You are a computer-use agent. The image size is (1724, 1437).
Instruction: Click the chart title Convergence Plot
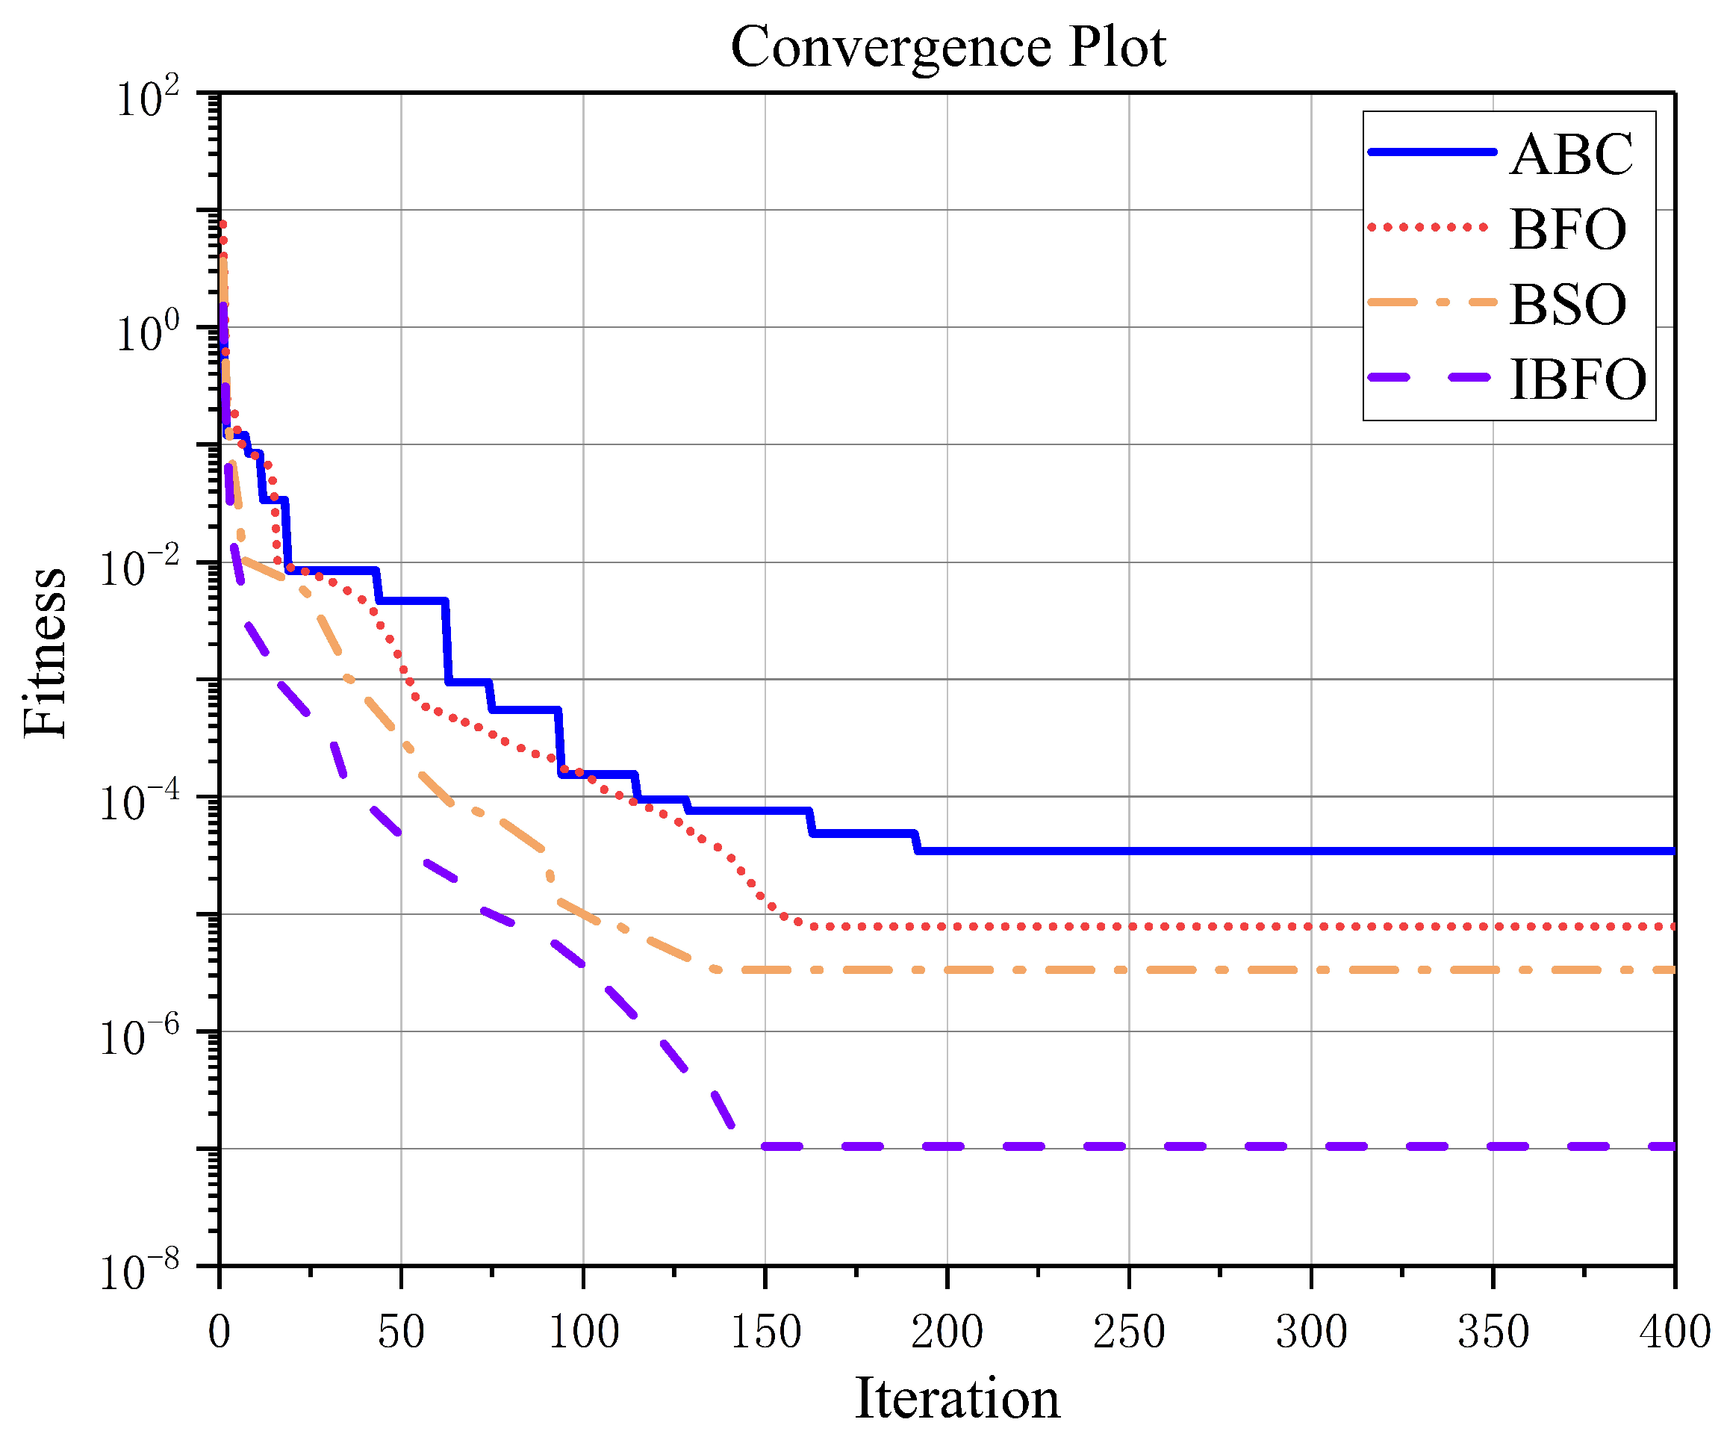click(947, 47)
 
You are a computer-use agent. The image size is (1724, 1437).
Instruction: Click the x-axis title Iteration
click(957, 1397)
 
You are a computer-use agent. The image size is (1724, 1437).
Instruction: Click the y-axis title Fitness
click(45, 653)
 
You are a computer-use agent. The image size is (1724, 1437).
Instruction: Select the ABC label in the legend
click(1571, 154)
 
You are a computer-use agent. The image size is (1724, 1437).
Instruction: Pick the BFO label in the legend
click(1567, 229)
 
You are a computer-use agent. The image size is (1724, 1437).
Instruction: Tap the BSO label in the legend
click(1567, 305)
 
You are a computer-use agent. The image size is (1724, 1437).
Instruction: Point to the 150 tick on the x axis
click(765, 1331)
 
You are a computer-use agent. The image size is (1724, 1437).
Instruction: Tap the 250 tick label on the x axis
click(1129, 1331)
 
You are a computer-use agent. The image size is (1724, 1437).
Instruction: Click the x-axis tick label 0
click(220, 1331)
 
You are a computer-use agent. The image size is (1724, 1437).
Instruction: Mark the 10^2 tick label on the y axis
click(148, 100)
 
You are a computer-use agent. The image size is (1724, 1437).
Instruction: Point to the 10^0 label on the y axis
click(148, 334)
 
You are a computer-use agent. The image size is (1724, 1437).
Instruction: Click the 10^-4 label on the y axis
click(140, 804)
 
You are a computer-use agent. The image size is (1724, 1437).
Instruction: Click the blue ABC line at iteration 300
click(1311, 851)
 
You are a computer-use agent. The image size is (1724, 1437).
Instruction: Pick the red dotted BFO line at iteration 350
click(1493, 926)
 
